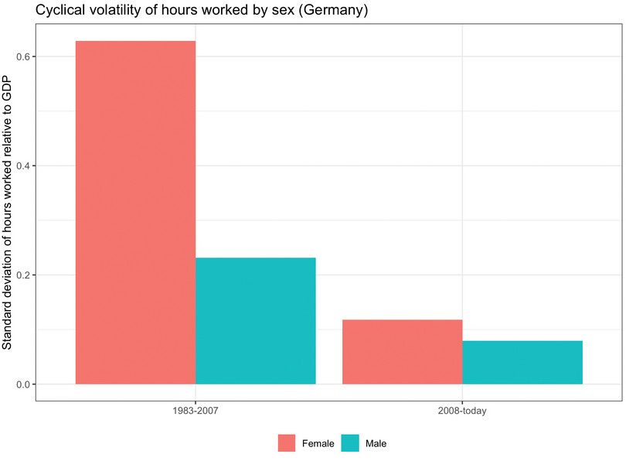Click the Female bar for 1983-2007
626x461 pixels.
pos(135,213)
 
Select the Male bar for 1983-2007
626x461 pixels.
pos(255,321)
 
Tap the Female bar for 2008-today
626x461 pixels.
pos(402,352)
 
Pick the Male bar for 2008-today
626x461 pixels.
pos(522,362)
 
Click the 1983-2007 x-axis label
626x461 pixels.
pos(196,412)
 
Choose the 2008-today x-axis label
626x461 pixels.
pos(462,412)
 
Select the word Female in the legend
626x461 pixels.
pos(318,443)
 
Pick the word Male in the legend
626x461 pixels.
pos(376,443)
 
